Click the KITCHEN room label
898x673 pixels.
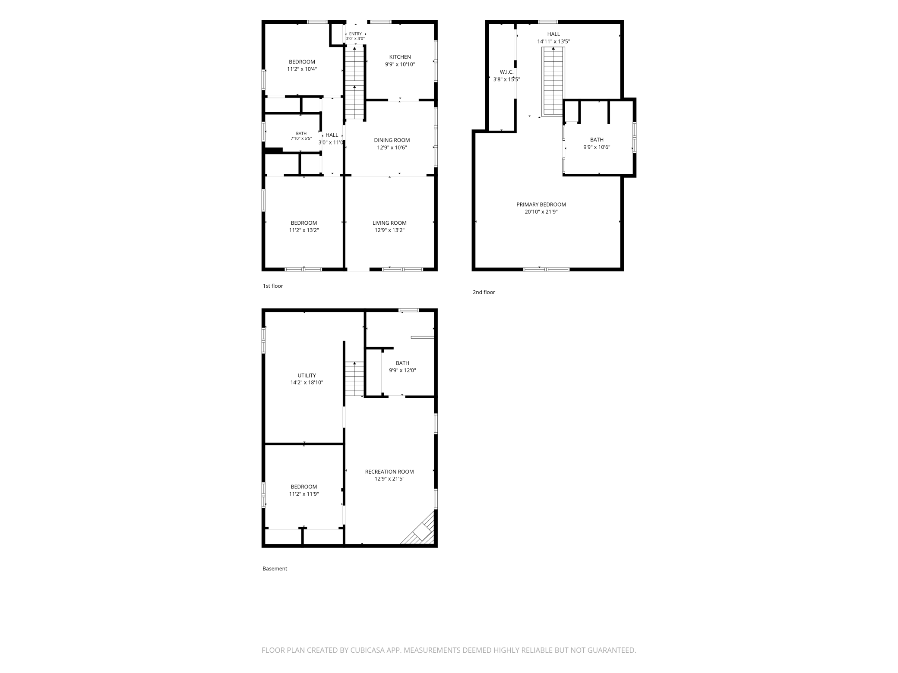point(400,57)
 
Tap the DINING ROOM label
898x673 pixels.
point(392,140)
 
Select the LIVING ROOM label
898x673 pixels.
point(389,223)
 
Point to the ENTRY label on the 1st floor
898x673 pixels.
point(355,34)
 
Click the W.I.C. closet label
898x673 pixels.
point(506,72)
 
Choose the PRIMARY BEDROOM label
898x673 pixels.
point(541,204)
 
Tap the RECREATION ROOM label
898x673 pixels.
point(389,472)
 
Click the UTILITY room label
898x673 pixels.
point(307,375)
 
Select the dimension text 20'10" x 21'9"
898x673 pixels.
point(541,212)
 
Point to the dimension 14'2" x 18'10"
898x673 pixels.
point(307,383)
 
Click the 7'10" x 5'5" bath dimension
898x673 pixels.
point(301,138)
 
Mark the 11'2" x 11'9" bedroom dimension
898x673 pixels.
point(304,494)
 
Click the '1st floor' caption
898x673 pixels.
point(273,286)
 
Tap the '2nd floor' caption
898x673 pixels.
point(484,292)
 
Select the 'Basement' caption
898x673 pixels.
point(275,569)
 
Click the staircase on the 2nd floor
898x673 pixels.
point(553,82)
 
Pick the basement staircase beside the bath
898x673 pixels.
point(354,379)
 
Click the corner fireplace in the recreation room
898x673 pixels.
point(418,528)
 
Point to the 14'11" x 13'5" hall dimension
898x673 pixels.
point(553,42)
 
